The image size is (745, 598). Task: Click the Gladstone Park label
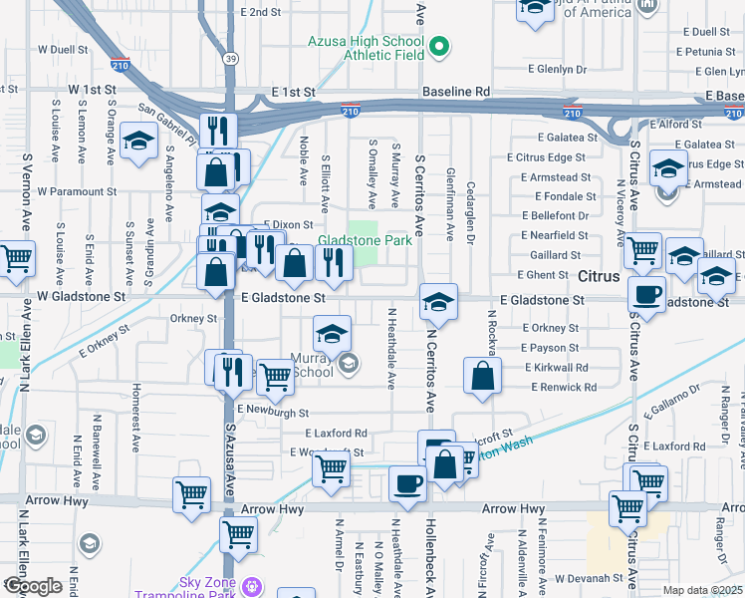[365, 241]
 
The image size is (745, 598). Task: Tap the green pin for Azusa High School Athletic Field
[437, 45]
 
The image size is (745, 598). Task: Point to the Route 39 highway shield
[230, 59]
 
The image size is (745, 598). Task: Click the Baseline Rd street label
[456, 91]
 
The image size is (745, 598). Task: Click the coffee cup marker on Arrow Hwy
[407, 484]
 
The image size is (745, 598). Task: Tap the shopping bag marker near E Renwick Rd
[482, 377]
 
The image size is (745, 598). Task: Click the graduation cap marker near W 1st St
[138, 141]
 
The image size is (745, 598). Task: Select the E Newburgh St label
[273, 411]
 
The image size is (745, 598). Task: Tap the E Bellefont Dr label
[555, 215]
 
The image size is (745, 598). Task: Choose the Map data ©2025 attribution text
[702, 590]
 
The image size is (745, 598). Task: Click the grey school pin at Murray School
[348, 365]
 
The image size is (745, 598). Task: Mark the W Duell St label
[63, 48]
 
